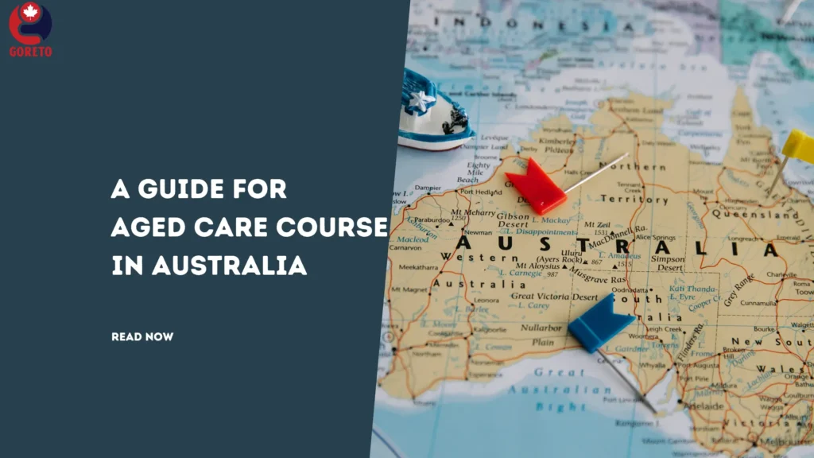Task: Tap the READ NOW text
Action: click(x=142, y=337)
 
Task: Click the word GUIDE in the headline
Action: click(x=180, y=189)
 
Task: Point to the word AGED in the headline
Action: click(x=144, y=227)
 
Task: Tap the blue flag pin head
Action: click(x=599, y=322)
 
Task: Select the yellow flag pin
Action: click(x=798, y=148)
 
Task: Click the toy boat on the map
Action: click(x=433, y=111)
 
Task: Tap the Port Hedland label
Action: click(x=479, y=191)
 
